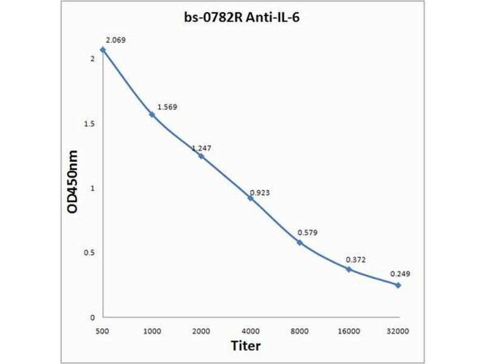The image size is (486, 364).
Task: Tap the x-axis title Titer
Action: tap(246, 346)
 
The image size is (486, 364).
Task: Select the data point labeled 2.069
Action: tap(103, 50)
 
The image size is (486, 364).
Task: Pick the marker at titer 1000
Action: tap(152, 114)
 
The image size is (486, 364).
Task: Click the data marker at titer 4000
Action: tap(250, 198)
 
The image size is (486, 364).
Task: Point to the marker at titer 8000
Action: tap(299, 242)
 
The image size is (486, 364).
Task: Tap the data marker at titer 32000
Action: tap(398, 285)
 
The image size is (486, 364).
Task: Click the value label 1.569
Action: tap(167, 107)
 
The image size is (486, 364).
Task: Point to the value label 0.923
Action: tap(259, 192)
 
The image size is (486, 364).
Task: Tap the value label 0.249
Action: tap(400, 274)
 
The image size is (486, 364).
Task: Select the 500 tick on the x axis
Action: tap(103, 331)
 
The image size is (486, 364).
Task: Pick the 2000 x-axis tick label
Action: tap(201, 331)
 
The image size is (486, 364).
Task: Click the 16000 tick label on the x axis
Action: tap(349, 331)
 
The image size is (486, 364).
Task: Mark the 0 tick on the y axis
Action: tap(92, 317)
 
